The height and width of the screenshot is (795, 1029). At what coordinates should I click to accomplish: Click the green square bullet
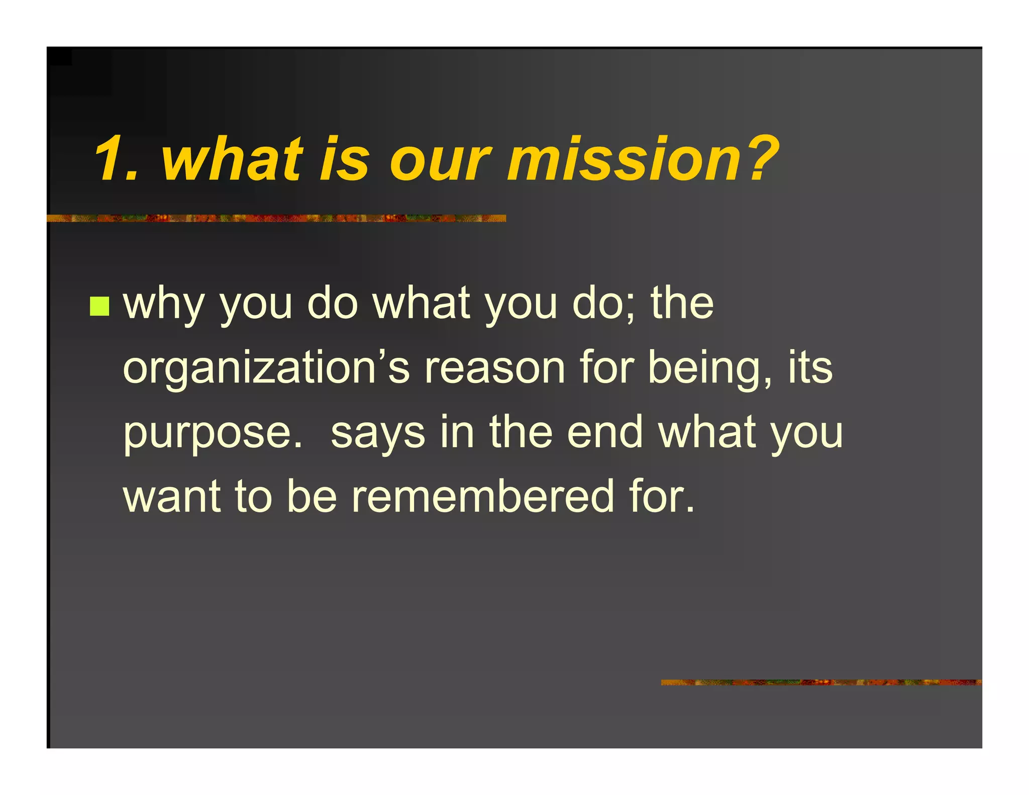click(x=99, y=306)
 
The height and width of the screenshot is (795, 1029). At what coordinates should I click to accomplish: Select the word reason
click(x=495, y=368)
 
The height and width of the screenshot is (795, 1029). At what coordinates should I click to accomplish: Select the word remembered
click(x=482, y=496)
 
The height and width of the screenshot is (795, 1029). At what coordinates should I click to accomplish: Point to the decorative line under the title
click(x=276, y=218)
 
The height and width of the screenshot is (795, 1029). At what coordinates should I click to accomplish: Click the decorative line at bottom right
click(x=821, y=682)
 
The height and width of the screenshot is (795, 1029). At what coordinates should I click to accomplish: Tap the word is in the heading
click(x=345, y=160)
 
